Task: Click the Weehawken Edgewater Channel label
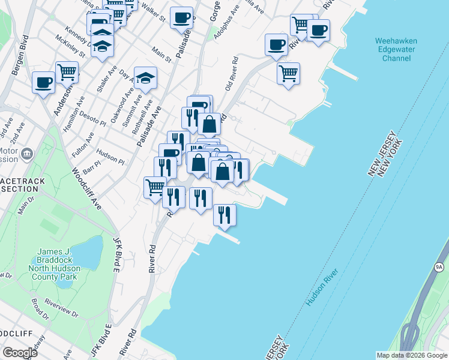[x=396, y=50]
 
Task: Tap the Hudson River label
[x=322, y=287]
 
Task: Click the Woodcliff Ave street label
[x=86, y=188]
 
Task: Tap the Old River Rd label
[x=232, y=74]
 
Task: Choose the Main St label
[x=161, y=55]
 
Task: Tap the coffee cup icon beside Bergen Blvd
[x=43, y=82]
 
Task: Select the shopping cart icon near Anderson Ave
[x=67, y=72]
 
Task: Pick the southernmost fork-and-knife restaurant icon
[x=224, y=215]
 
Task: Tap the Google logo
[x=20, y=353]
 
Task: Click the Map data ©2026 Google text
[x=412, y=355]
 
